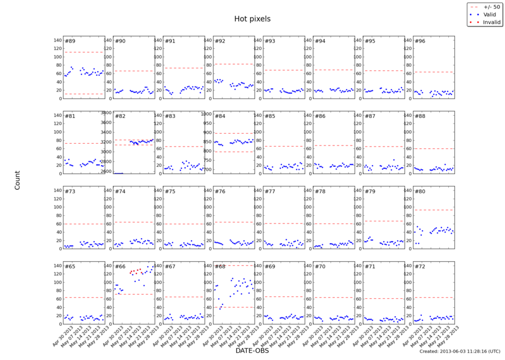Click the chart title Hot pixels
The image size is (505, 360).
tap(252, 19)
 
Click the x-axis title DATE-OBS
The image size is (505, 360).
tap(252, 350)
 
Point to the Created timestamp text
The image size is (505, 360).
tap(458, 351)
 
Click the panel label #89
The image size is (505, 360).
tap(70, 41)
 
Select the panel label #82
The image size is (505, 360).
tap(120, 116)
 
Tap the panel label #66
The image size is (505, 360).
tap(120, 266)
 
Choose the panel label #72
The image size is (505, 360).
tap(419, 266)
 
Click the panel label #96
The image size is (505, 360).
tap(419, 41)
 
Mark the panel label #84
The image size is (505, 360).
tap(220, 116)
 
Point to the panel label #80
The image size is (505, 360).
tap(419, 192)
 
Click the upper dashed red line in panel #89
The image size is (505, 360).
tap(84, 52)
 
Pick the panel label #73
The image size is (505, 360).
tap(70, 192)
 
